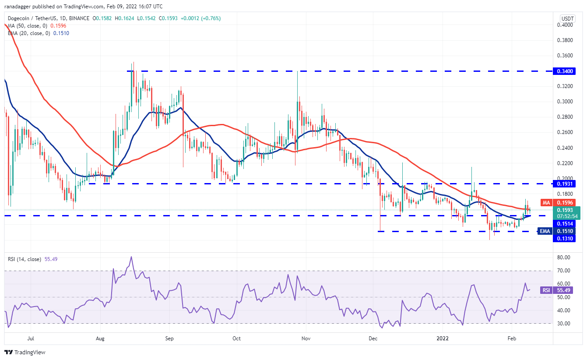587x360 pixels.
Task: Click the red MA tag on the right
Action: tap(546, 203)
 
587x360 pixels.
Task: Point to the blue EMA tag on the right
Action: tap(545, 231)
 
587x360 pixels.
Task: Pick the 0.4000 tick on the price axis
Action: tap(568, 25)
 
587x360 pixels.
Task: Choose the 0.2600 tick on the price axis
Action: tap(568, 132)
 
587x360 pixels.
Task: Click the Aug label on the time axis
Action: tap(100, 338)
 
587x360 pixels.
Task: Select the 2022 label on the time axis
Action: tap(443, 338)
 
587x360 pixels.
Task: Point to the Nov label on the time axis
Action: tap(306, 338)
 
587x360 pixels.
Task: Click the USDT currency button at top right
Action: tap(567, 18)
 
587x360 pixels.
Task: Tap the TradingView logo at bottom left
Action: tap(25, 352)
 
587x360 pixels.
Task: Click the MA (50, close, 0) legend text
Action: tap(27, 26)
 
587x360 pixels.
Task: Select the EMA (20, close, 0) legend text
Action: tap(28, 33)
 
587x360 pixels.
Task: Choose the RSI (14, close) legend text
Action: tap(24, 259)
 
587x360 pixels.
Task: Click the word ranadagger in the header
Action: tap(20, 7)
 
